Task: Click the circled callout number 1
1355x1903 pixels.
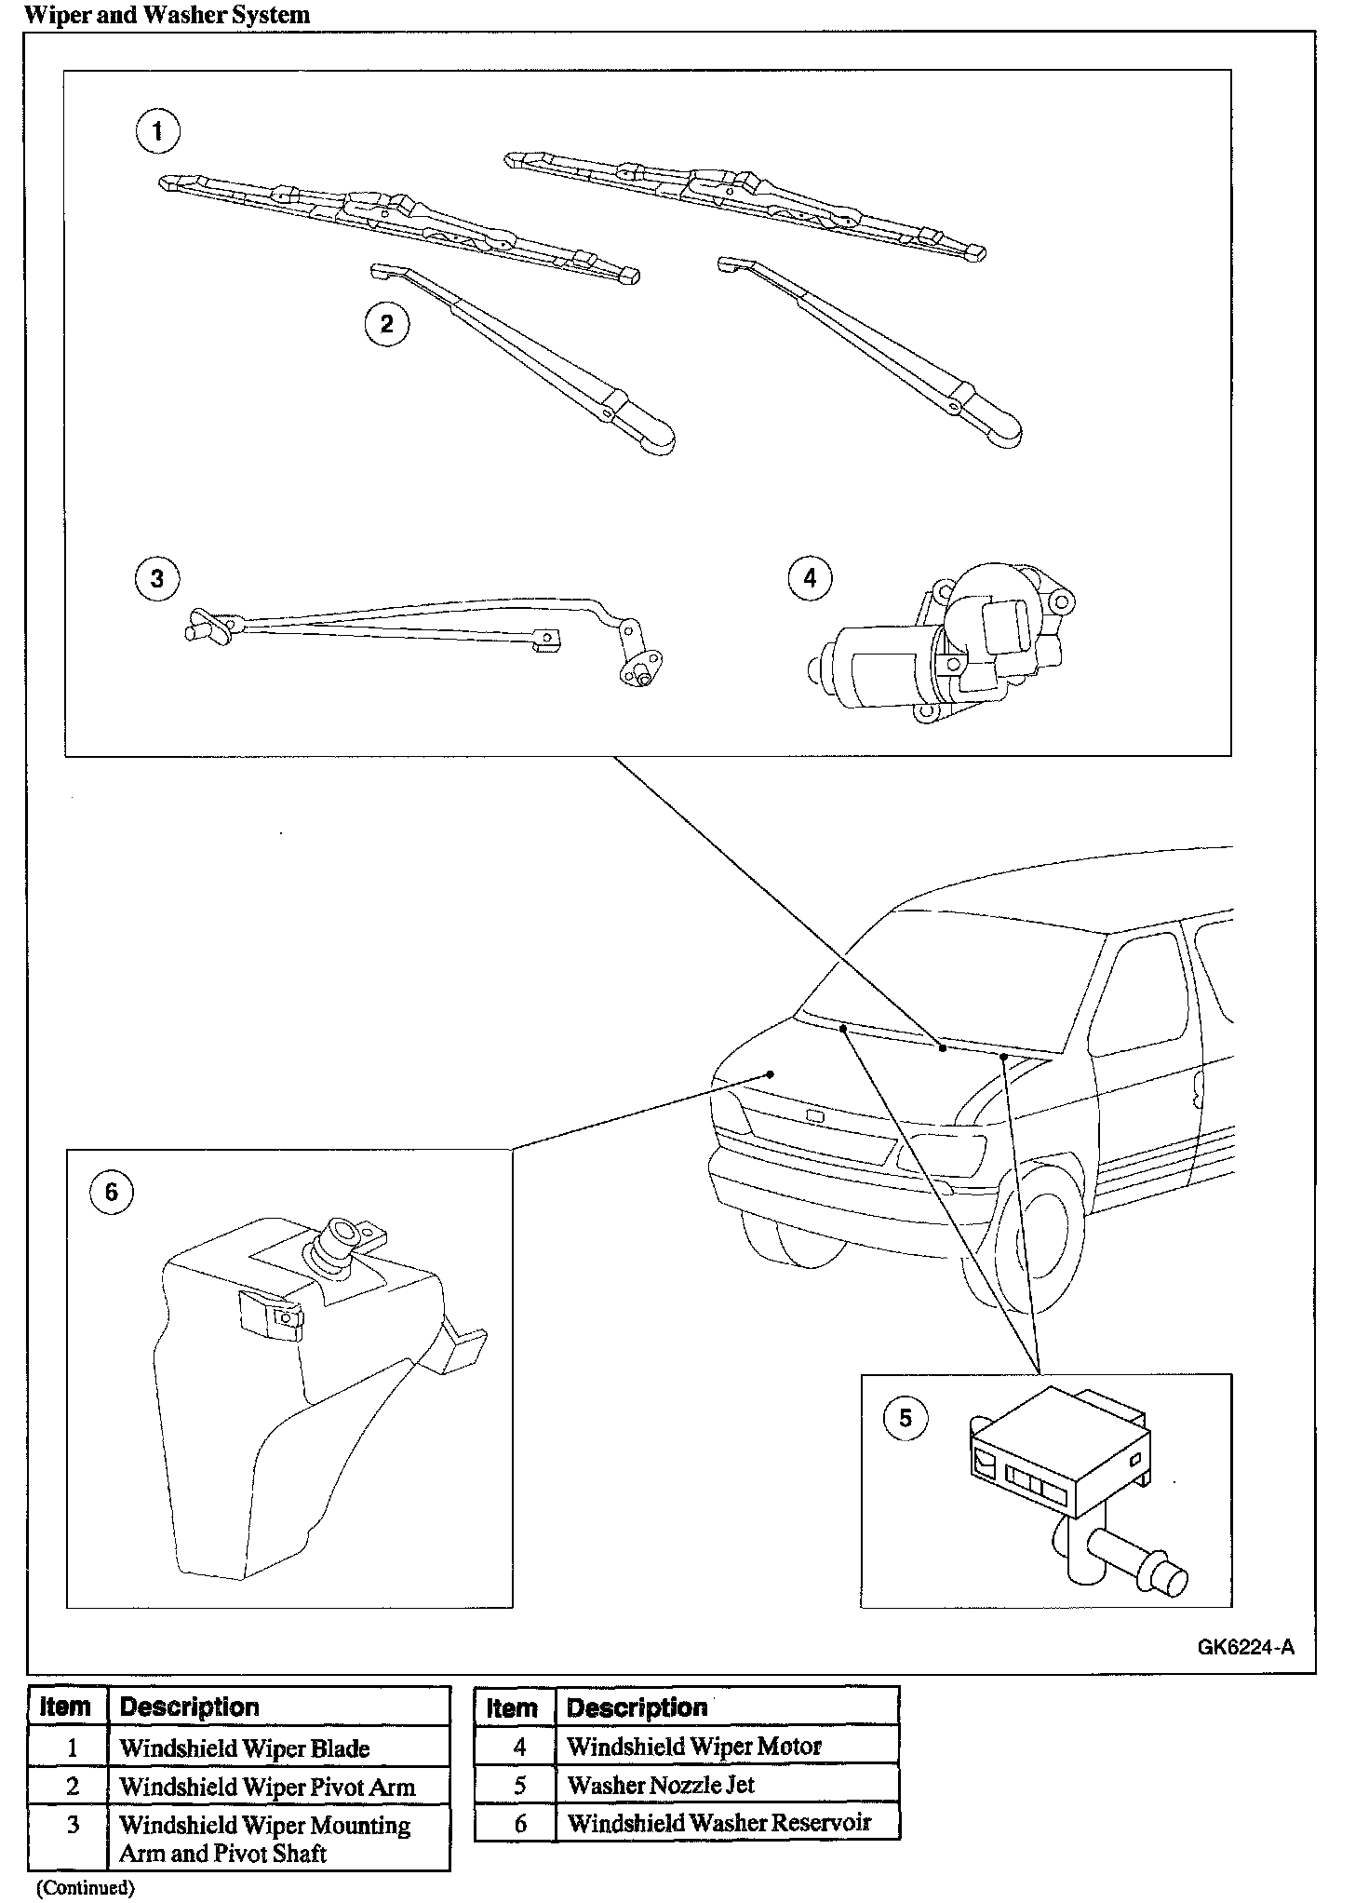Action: click(x=157, y=131)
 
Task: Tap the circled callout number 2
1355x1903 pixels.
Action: click(x=386, y=324)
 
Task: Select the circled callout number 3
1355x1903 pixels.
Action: click(x=156, y=578)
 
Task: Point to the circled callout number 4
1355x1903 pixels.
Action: click(x=810, y=578)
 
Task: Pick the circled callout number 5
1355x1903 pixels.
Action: click(x=906, y=1419)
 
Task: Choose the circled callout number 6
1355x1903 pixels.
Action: click(x=112, y=1193)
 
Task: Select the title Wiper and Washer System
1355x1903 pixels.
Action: click(x=167, y=15)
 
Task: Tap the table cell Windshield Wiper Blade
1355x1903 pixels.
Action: click(x=245, y=1748)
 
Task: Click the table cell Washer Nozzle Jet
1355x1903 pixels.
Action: click(x=661, y=1785)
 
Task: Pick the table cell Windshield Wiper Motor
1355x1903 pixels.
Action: click(x=694, y=1746)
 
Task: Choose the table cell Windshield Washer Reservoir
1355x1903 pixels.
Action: click(x=718, y=1822)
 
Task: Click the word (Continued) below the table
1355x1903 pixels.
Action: click(x=86, y=1887)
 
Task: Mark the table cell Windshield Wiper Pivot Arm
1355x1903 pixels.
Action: click(x=267, y=1787)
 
